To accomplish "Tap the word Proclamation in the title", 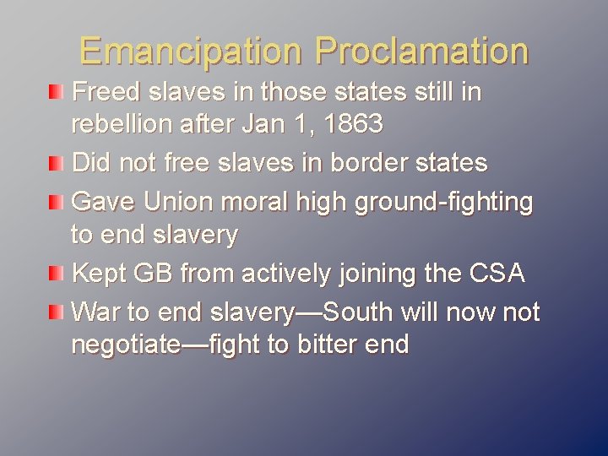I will pos(421,51).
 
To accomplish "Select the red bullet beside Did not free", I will pos(54,161).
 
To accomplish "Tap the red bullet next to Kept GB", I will pos(54,274).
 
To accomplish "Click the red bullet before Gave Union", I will pos(54,201).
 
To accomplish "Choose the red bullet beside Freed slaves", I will pos(54,91).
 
